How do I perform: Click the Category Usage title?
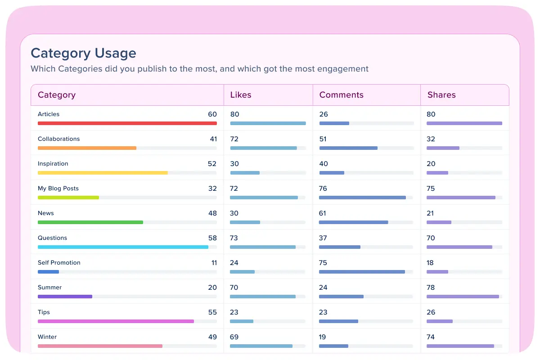pyautogui.click(x=83, y=53)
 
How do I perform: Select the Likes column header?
pyautogui.click(x=241, y=95)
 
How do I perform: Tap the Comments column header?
pyautogui.click(x=341, y=95)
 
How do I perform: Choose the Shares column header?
pyautogui.click(x=441, y=95)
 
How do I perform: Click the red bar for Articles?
pyautogui.click(x=127, y=123)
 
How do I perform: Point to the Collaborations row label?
pyautogui.click(x=58, y=139)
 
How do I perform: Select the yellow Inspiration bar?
pyautogui.click(x=103, y=173)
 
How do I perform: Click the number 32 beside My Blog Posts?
pyautogui.click(x=212, y=189)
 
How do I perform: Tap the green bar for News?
pyautogui.click(x=90, y=222)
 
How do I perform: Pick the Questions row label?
pyautogui.click(x=52, y=238)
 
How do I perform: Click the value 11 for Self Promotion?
pyautogui.click(x=214, y=263)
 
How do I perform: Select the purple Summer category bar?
pyautogui.click(x=65, y=297)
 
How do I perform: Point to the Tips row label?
pyautogui.click(x=44, y=312)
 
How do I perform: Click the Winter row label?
pyautogui.click(x=47, y=337)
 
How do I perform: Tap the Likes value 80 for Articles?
pyautogui.click(x=234, y=114)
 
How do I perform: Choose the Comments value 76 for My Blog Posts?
pyautogui.click(x=323, y=189)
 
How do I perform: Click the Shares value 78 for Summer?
pyautogui.click(x=431, y=288)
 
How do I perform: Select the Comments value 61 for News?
pyautogui.click(x=323, y=213)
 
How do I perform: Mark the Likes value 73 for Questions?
pyautogui.click(x=234, y=238)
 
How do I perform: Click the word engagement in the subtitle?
pyautogui.click(x=343, y=69)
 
